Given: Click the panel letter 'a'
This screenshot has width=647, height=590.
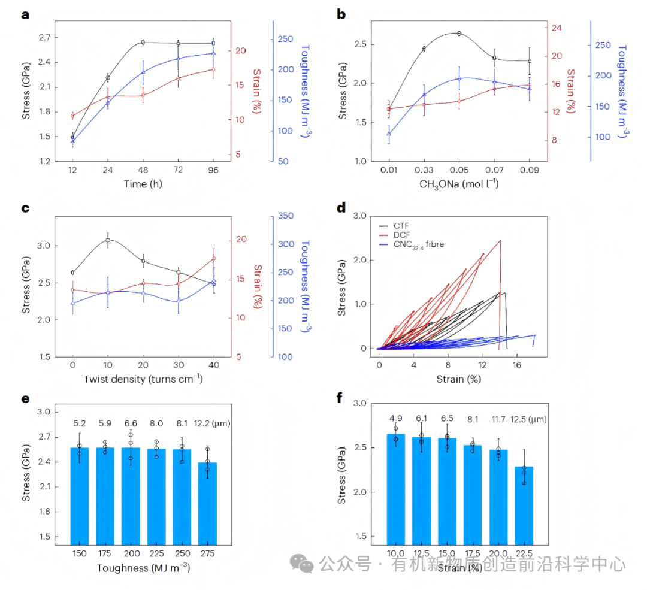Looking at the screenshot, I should click(25, 15).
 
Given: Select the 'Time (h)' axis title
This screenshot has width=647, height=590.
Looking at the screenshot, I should click(143, 184).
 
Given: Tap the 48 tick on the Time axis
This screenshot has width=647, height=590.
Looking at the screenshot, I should click(143, 170).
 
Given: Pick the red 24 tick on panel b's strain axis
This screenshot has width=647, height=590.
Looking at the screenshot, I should click(555, 28).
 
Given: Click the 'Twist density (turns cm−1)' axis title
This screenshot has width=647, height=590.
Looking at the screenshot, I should click(143, 379).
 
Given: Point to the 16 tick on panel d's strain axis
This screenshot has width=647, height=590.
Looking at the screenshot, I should click(516, 364).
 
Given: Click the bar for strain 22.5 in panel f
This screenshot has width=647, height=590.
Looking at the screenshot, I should click(524, 505).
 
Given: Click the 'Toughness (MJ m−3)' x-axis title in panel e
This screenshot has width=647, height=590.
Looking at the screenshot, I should click(143, 567).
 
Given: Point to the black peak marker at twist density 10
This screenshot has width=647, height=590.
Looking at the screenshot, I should click(108, 240).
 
